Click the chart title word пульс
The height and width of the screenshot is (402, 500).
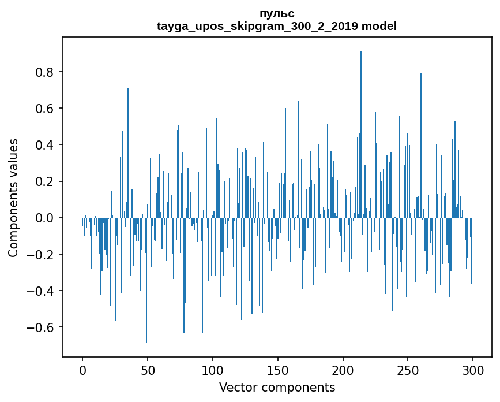(x=277, y=13)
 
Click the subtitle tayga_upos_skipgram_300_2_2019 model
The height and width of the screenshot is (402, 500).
(x=277, y=26)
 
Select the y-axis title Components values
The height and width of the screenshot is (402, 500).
(x=13, y=198)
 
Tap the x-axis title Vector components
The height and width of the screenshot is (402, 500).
(x=277, y=387)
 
